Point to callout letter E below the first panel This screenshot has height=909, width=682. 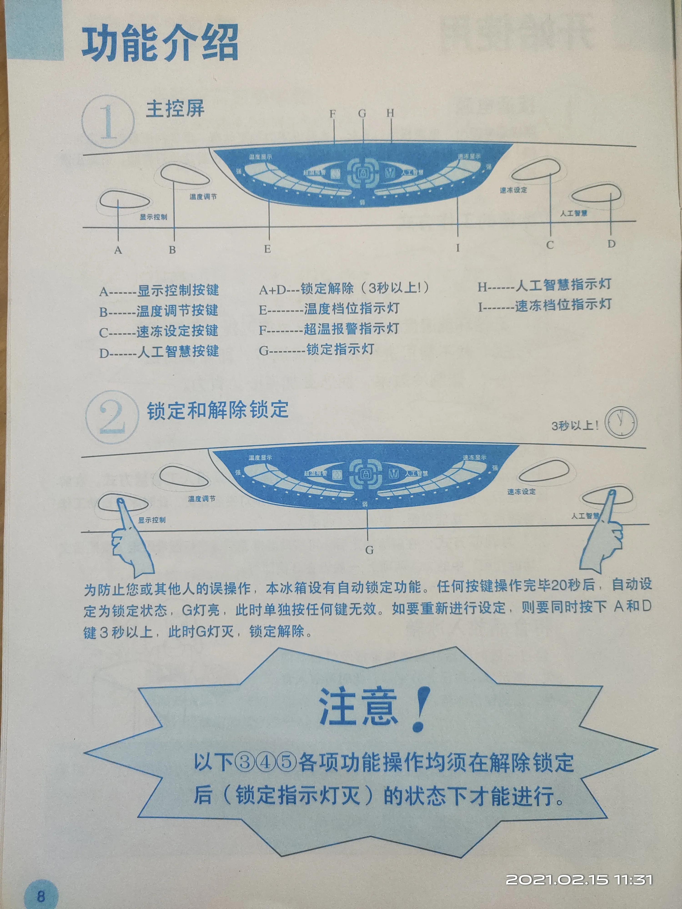pos(268,249)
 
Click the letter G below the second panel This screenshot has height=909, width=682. pos(369,550)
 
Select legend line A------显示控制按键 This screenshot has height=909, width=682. pos(159,290)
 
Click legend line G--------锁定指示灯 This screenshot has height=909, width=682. pos(316,350)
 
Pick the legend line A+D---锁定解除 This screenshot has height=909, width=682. pos(344,288)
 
